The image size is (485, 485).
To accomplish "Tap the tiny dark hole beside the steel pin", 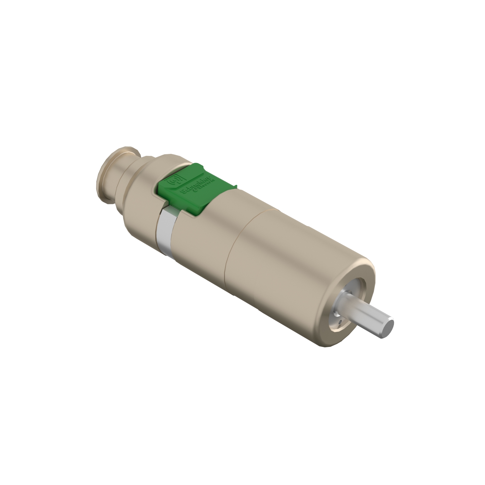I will pos(340,322).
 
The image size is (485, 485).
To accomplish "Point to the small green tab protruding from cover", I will pos(235,187).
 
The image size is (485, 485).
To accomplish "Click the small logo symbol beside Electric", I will pos(195,191).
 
